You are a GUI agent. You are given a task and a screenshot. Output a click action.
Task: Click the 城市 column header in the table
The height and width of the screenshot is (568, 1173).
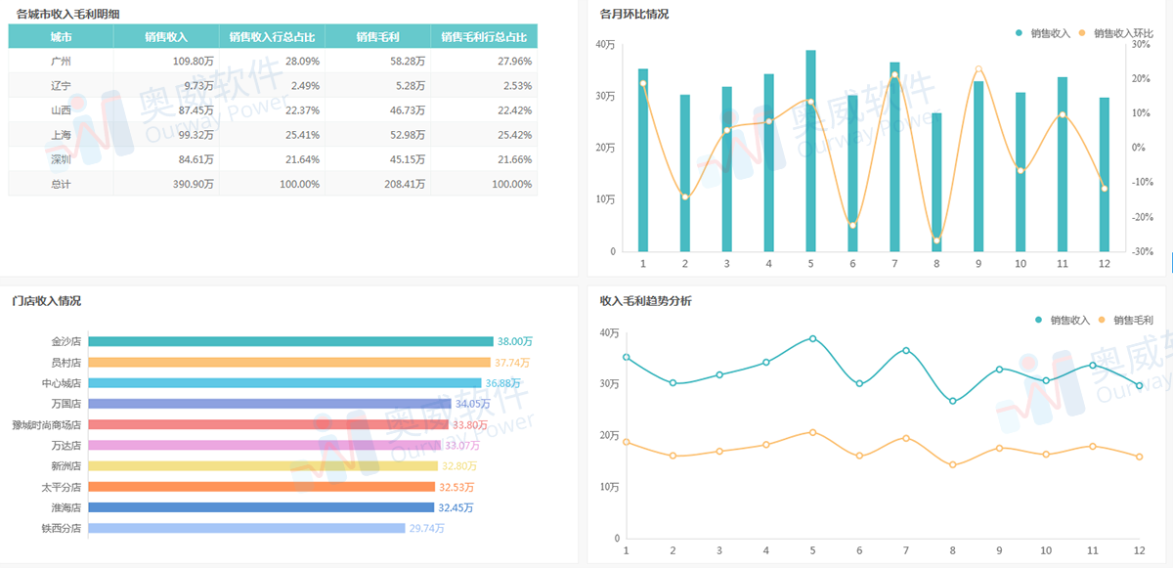(61, 37)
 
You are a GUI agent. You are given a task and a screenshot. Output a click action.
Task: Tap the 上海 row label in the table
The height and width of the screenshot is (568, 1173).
(61, 134)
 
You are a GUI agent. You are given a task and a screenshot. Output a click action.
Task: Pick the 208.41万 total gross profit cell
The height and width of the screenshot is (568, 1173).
(377, 184)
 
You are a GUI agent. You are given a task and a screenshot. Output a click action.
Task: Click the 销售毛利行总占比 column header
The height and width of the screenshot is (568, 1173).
(484, 37)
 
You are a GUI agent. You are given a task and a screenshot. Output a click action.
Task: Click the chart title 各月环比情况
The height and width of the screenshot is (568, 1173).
(634, 15)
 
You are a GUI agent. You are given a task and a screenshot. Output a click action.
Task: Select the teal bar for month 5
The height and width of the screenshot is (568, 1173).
(810, 152)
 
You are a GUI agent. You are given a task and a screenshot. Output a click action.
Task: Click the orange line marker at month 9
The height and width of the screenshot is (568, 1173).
(978, 69)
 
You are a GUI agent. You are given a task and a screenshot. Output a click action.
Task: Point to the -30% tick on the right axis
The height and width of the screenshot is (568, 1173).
(1142, 251)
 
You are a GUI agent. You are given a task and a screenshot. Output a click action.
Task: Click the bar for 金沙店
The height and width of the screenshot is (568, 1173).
(290, 341)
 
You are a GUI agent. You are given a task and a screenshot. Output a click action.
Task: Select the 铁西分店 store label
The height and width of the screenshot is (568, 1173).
(61, 529)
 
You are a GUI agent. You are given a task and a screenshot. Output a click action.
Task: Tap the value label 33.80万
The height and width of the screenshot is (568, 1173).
(470, 425)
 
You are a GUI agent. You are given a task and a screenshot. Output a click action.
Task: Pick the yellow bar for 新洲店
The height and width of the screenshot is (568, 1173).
(262, 466)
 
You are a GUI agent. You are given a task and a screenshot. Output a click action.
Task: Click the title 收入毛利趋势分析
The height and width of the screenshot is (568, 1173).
(645, 301)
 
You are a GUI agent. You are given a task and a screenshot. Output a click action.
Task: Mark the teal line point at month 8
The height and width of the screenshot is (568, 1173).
(952, 401)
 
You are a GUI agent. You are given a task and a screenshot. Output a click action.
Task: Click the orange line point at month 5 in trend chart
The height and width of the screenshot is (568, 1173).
(812, 432)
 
